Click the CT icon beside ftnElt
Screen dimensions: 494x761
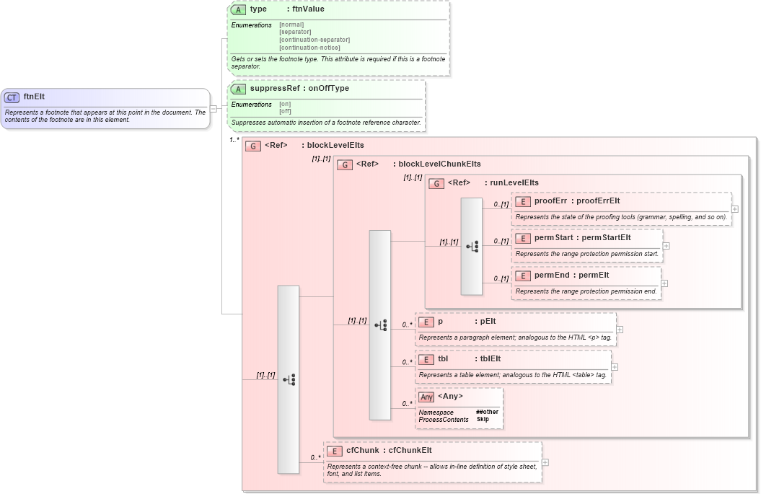[x=12, y=97]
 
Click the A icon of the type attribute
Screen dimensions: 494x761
[x=238, y=9]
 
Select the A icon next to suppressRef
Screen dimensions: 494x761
[x=238, y=89]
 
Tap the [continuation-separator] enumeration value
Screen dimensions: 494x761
[x=314, y=40]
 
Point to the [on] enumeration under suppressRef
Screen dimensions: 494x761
[x=286, y=105]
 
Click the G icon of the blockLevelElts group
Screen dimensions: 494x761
[x=252, y=146]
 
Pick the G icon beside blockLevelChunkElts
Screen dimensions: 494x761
[x=344, y=164]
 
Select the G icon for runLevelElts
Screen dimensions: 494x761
[x=436, y=183]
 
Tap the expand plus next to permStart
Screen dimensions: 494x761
[x=666, y=246]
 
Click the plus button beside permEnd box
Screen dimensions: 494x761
[x=664, y=283]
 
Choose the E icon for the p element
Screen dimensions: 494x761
[x=426, y=322]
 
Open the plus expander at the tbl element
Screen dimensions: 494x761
[x=615, y=367]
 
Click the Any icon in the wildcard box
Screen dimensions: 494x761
[x=427, y=397]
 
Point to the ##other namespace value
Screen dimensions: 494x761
[x=487, y=412]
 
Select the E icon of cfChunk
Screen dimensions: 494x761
[x=334, y=451]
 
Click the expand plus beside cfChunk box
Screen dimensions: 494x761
[x=545, y=462]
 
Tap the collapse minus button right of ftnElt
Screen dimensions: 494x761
[x=213, y=108]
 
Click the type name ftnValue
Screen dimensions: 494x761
[x=307, y=9]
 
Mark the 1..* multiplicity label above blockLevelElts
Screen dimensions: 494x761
[x=234, y=140]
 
